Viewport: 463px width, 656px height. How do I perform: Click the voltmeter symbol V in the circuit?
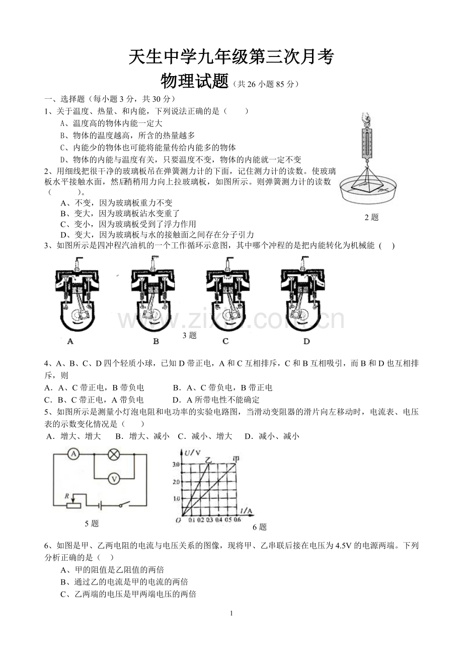(114, 479)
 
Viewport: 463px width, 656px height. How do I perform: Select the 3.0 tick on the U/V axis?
(176, 465)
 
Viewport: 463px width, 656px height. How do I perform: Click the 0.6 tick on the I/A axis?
(237, 520)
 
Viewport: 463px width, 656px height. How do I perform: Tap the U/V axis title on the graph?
(192, 453)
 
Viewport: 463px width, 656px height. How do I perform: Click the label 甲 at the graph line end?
(236, 458)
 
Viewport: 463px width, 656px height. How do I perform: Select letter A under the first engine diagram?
(70, 341)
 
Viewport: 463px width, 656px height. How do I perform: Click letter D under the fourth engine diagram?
(306, 341)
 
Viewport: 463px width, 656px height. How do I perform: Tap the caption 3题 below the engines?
(190, 336)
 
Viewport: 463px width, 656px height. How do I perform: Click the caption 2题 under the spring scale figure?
(371, 217)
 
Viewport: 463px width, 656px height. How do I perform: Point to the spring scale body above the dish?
(367, 141)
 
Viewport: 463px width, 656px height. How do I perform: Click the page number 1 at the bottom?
(232, 613)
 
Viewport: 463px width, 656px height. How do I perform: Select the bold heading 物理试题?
(194, 81)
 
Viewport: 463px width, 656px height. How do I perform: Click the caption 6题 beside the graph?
(260, 527)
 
